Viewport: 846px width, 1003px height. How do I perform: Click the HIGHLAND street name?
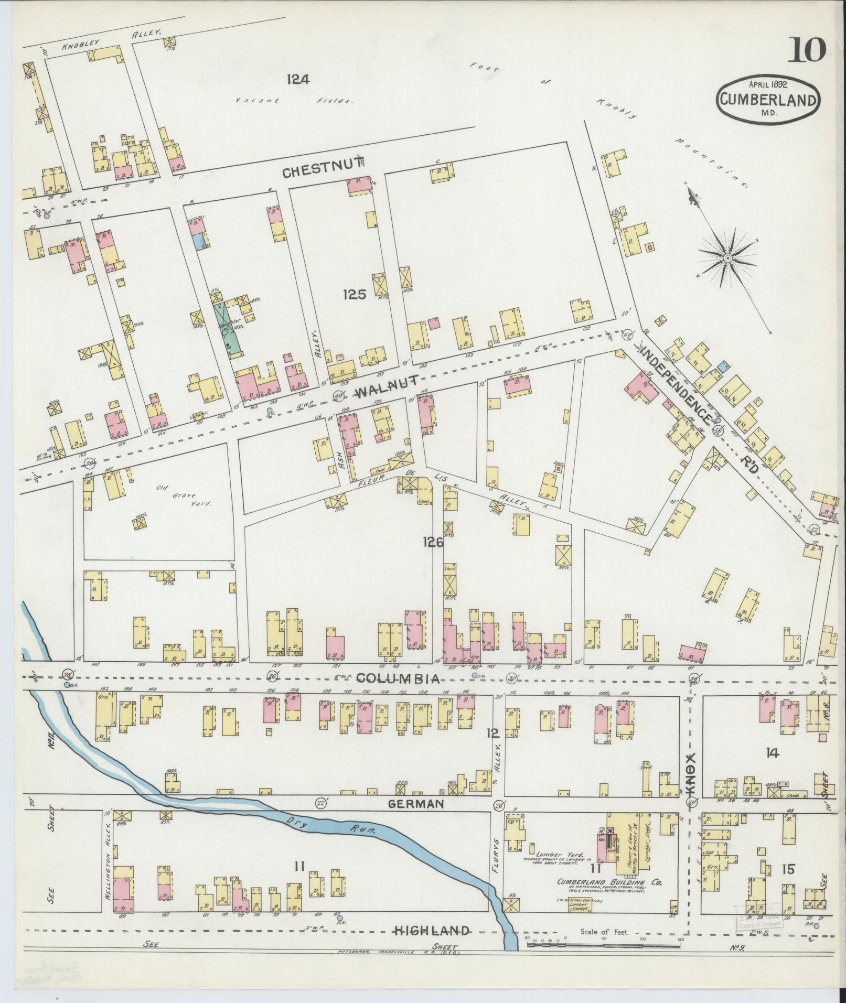(432, 931)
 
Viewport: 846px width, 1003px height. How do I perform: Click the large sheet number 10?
(806, 51)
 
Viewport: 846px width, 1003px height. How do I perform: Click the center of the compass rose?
(728, 258)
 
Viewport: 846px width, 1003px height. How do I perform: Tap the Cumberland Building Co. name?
(610, 882)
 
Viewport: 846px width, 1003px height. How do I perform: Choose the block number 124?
(298, 80)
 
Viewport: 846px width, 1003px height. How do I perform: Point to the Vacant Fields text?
(294, 101)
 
